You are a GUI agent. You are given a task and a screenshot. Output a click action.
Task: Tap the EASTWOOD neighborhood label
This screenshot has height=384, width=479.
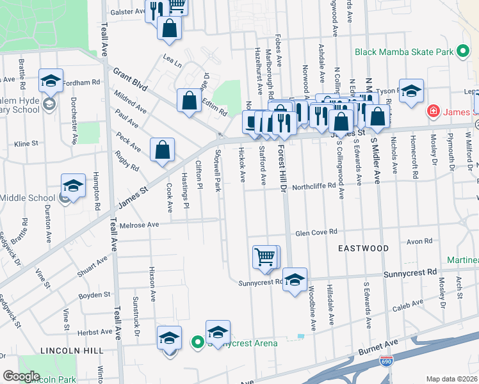(364, 248)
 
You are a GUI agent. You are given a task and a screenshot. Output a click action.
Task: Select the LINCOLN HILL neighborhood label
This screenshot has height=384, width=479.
(71, 351)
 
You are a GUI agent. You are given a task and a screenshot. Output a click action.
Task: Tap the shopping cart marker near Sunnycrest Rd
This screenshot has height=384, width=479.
(265, 257)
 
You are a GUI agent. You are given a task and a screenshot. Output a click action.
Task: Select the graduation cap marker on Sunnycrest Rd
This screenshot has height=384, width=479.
(295, 280)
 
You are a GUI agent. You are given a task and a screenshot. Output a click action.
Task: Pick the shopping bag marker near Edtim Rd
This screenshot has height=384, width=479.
(189, 100)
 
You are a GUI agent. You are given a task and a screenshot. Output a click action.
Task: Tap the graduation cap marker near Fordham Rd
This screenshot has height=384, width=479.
(51, 81)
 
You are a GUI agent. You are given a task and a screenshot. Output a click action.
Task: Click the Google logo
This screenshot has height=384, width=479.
(21, 376)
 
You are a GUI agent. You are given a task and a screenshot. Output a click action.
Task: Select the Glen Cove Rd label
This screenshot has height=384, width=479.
(316, 234)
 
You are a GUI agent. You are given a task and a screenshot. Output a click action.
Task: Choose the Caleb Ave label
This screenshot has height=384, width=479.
(409, 307)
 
